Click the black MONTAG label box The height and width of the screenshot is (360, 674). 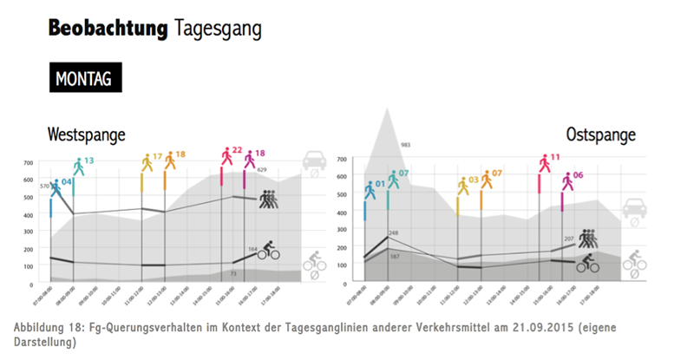pos(84,78)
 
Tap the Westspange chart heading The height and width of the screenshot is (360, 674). pos(87,134)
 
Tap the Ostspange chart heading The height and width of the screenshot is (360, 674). pos(600,134)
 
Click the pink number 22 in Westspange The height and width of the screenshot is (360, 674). pos(237,150)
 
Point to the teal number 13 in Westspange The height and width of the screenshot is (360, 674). pos(89,160)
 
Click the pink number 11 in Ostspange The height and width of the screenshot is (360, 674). pos(555,157)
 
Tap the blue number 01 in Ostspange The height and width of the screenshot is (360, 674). pos(380,184)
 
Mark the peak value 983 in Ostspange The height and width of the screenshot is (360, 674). pos(405,144)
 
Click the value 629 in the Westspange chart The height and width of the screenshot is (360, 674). pos(262,170)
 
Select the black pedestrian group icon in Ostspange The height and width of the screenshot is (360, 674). pos(590,239)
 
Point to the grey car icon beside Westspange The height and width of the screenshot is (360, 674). pos(313,162)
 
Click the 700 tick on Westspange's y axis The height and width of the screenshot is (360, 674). pos(29,163)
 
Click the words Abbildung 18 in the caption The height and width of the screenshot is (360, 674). pos(49,326)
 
